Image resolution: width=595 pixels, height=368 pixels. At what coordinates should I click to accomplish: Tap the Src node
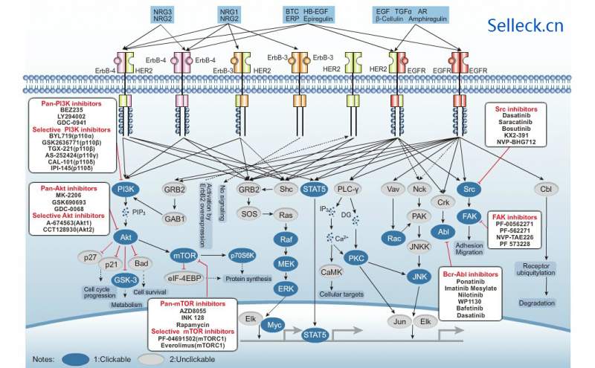click(x=469, y=190)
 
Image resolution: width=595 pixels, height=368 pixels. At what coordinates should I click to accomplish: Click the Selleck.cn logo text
click(x=527, y=26)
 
